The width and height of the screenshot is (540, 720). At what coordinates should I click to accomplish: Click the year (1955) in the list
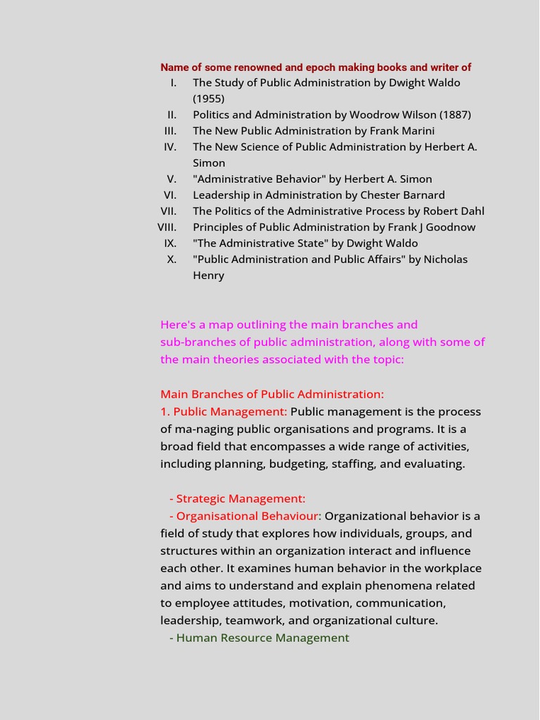pyautogui.click(x=209, y=98)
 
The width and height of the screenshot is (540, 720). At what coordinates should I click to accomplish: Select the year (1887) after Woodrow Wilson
pyautogui.click(x=455, y=115)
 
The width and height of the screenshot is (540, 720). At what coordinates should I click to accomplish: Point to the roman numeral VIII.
pyautogui.click(x=167, y=227)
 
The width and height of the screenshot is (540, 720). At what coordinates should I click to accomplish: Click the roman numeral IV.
pyautogui.click(x=170, y=147)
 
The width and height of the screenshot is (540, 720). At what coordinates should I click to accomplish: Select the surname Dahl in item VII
pyautogui.click(x=470, y=211)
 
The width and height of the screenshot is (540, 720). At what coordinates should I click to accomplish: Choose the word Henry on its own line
pyautogui.click(x=209, y=276)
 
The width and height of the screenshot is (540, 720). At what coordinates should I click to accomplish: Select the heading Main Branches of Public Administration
pyautogui.click(x=272, y=394)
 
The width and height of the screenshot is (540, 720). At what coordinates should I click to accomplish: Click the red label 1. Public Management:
pyautogui.click(x=224, y=412)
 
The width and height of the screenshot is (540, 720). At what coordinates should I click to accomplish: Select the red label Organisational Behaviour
pyautogui.click(x=247, y=516)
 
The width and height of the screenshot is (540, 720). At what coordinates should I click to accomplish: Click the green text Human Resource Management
pyautogui.click(x=262, y=638)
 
